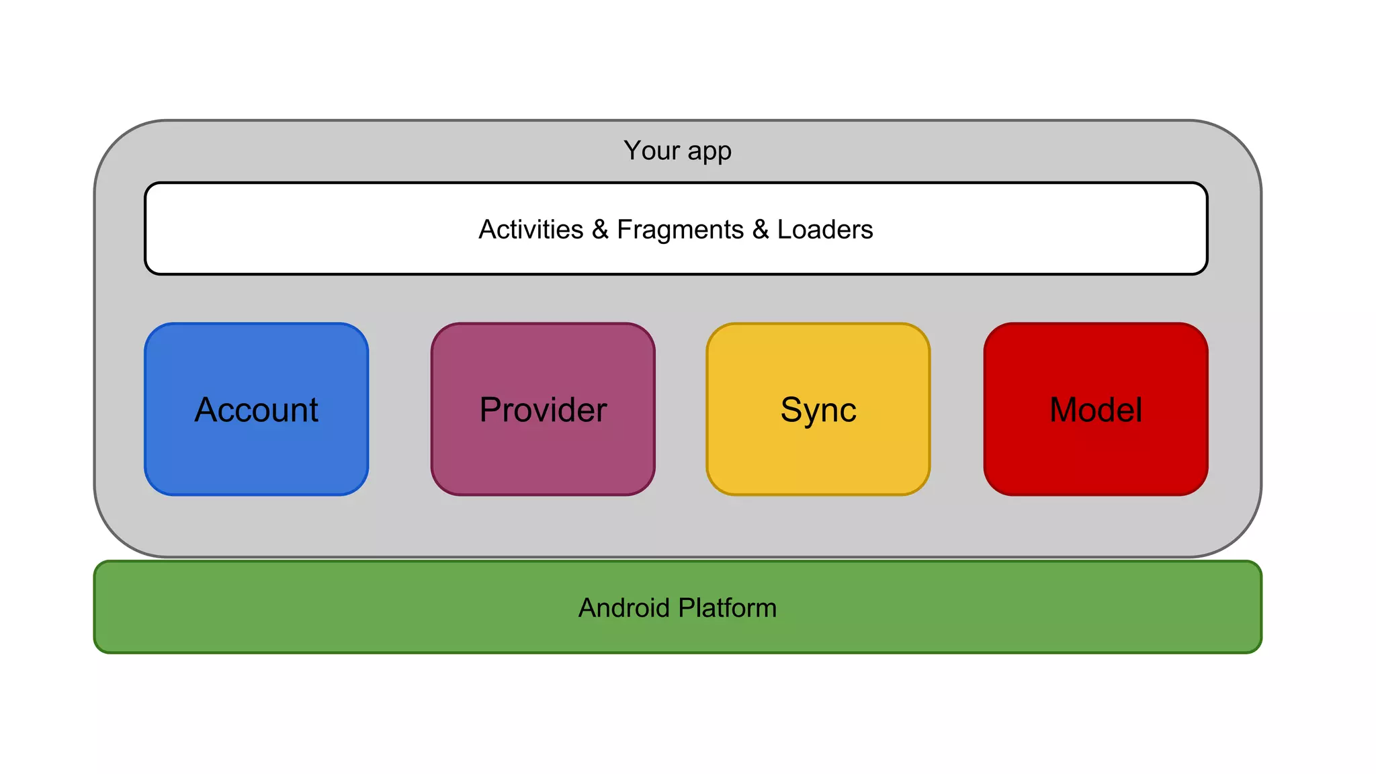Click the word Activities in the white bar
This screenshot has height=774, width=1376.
(x=531, y=230)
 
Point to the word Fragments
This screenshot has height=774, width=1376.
(x=680, y=230)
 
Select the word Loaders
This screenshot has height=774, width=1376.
(x=825, y=230)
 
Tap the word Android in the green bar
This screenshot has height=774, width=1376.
(x=624, y=608)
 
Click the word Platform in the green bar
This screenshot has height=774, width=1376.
(x=728, y=608)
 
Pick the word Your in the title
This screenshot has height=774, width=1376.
(x=652, y=150)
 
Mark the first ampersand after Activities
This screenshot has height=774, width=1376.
(x=600, y=230)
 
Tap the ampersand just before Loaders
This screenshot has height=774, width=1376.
(x=761, y=230)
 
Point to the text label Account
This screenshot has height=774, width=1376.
(x=256, y=410)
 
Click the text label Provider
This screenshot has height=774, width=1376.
(x=543, y=410)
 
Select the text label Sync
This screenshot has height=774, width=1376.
(x=818, y=411)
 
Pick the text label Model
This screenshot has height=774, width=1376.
(x=1096, y=410)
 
